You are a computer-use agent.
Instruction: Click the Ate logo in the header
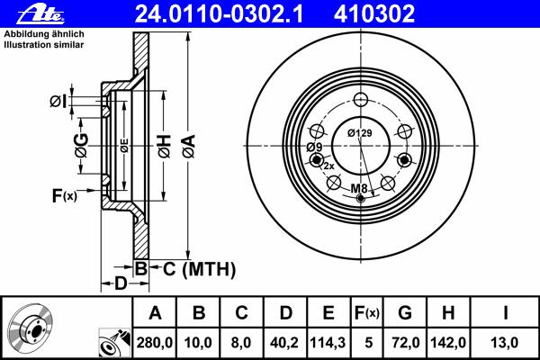[40, 14]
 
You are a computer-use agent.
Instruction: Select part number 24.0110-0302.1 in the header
[219, 14]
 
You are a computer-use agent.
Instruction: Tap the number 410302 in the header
[374, 14]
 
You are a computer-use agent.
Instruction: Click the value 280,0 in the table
[155, 343]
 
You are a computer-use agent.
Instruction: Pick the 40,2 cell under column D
[284, 343]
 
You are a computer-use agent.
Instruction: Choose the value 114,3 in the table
[328, 343]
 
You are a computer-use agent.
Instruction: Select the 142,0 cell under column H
[448, 343]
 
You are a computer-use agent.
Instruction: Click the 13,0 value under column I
[505, 343]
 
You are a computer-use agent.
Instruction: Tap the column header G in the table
[405, 313]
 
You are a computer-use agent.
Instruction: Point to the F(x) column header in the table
[367, 313]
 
